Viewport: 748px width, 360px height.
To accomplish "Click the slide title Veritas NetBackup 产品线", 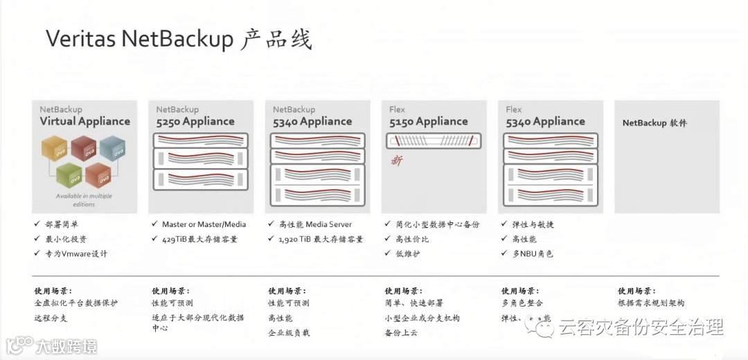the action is click(x=179, y=39).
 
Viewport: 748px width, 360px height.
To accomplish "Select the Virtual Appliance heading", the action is click(x=84, y=121).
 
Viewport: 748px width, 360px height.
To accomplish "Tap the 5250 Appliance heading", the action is click(x=195, y=121).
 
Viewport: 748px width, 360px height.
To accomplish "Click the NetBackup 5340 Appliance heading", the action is click(x=312, y=121).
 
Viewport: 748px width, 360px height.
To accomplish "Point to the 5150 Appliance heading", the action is click(x=428, y=121).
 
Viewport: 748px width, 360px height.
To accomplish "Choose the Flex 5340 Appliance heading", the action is click(x=545, y=121).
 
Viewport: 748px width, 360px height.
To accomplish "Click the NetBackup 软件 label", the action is click(x=654, y=123).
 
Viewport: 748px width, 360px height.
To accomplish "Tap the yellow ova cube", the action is click(x=55, y=148).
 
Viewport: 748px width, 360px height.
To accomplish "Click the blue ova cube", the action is click(x=112, y=148).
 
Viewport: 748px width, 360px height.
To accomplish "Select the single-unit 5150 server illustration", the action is click(x=433, y=141).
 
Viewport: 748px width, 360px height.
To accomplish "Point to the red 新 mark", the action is click(x=397, y=161).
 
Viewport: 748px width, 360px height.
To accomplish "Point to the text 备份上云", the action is click(x=402, y=333).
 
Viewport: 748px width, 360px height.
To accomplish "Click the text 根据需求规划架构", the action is click(x=651, y=303).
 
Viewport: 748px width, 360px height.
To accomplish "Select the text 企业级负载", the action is click(x=289, y=333).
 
